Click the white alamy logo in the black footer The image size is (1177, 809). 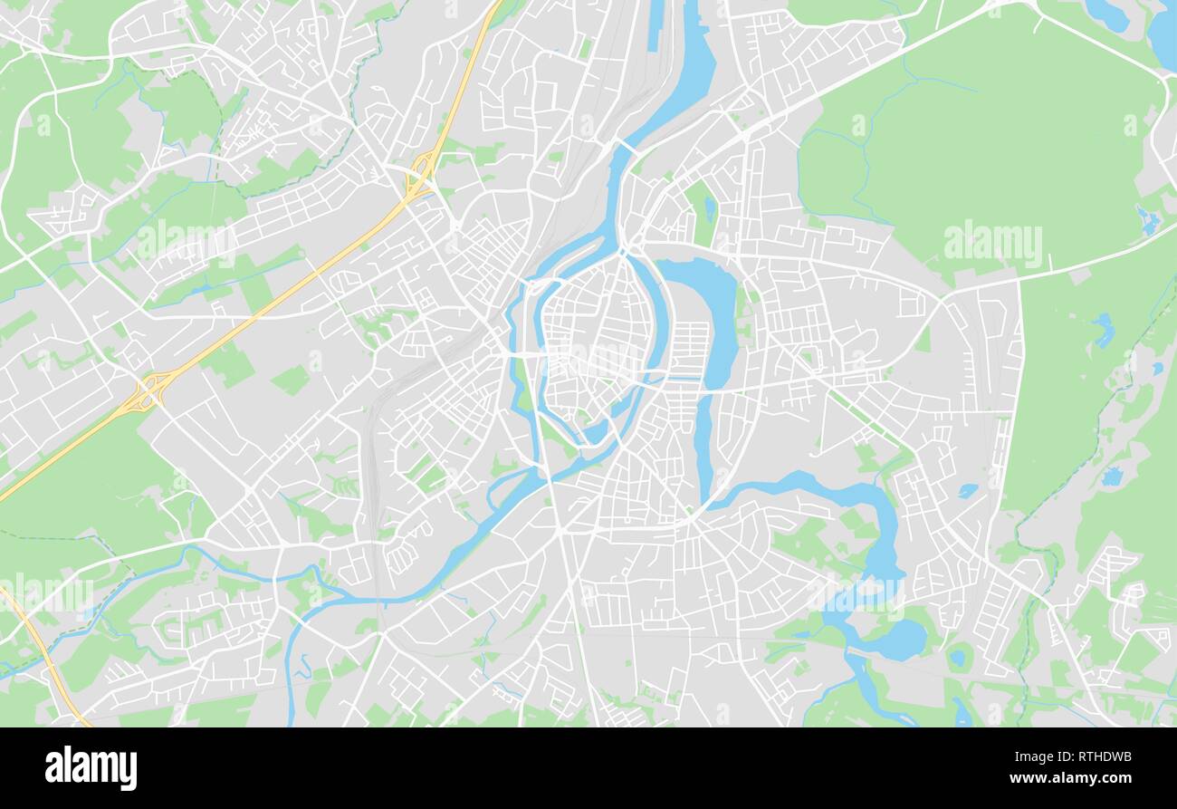[x=91, y=767]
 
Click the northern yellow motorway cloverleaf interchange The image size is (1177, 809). [x=420, y=174]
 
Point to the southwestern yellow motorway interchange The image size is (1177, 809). [x=147, y=391]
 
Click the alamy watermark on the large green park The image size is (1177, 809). [x=992, y=242]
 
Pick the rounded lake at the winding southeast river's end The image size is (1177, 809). [x=897, y=639]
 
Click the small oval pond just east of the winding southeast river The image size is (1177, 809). [x=966, y=490]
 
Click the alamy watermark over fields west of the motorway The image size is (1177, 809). [x=187, y=242]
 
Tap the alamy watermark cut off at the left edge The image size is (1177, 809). [x=45, y=592]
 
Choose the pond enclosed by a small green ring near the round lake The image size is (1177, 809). [x=956, y=659]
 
